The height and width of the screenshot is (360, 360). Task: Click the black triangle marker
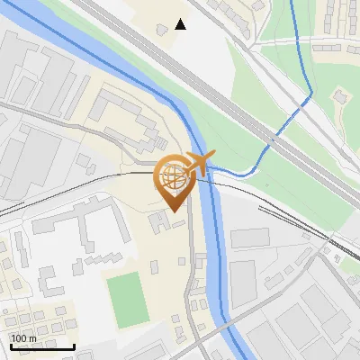(181, 24)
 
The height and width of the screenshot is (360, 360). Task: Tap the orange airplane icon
(199, 164)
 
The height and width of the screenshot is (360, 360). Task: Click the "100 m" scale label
(24, 337)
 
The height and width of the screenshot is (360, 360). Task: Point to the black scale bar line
(42, 346)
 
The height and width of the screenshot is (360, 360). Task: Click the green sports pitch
(127, 300)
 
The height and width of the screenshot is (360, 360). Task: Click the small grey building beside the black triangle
(163, 31)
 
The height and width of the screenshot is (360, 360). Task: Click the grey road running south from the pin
(191, 270)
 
